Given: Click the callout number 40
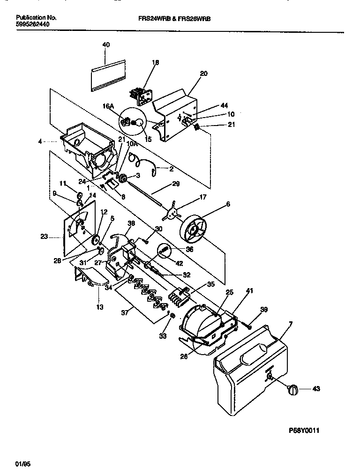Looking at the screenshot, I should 106,45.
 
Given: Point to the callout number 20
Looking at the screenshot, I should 203,74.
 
